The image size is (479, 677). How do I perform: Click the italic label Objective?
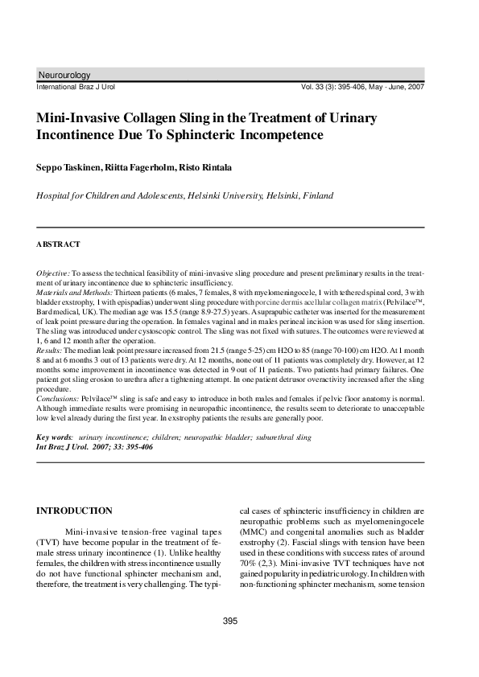[54, 273]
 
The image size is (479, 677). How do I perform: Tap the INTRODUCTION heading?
[76, 511]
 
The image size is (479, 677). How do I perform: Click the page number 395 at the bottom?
[231, 621]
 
